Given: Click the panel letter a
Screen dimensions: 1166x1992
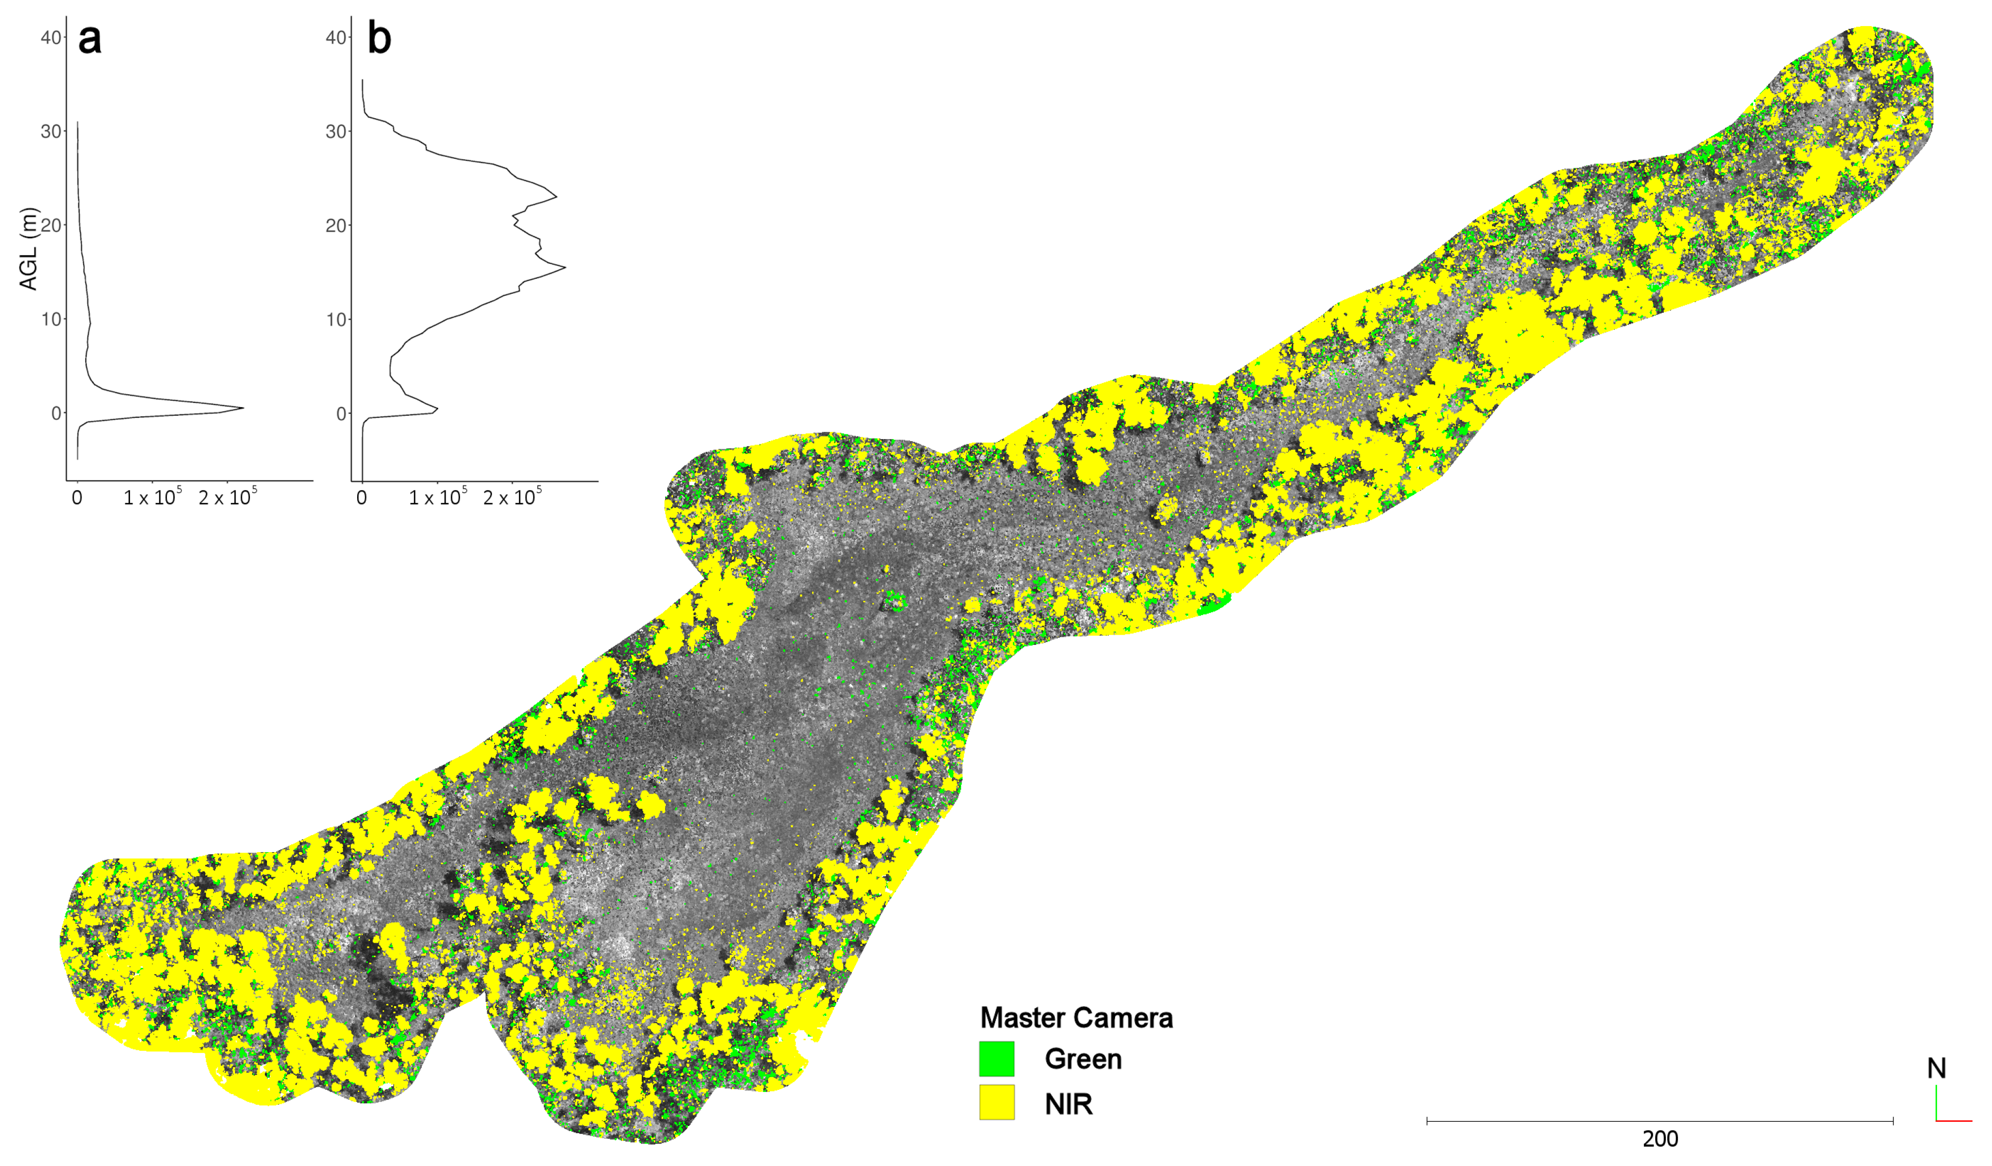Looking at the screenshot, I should point(90,39).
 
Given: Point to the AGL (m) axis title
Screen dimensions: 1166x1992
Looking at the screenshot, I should point(28,249).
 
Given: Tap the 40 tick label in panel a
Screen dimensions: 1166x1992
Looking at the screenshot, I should point(51,37).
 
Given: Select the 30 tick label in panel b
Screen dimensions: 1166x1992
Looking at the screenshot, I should point(336,131).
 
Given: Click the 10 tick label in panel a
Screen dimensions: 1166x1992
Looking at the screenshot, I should point(51,319).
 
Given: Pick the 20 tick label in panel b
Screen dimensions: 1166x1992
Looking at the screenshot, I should point(336,225).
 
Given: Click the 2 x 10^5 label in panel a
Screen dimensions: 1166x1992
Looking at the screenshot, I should point(228,497).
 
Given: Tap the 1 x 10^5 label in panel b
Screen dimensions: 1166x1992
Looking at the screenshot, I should point(437,497).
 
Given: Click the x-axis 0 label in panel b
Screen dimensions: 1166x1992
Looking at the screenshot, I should point(362,498).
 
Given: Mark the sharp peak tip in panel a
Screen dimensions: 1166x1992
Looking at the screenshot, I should point(243,408).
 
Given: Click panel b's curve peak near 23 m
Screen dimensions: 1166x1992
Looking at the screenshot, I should point(556,196).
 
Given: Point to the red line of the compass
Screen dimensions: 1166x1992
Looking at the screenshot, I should point(1954,1120).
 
